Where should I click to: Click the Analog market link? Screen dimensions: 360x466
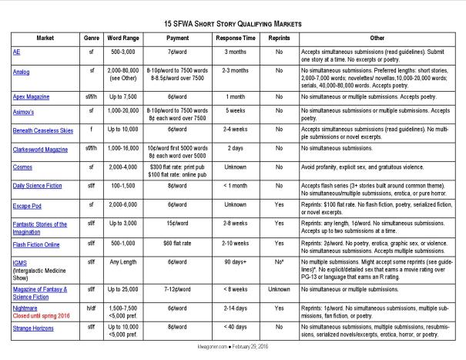click(22, 70)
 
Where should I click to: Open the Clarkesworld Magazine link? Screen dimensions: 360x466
click(39, 146)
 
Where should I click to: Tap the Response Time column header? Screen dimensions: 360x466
click(240, 37)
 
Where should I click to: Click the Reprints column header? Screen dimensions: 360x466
click(289, 37)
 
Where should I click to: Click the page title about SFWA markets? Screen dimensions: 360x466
click(233, 24)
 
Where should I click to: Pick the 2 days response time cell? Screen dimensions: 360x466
click(240, 146)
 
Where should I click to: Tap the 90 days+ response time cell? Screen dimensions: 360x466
click(240, 269)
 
